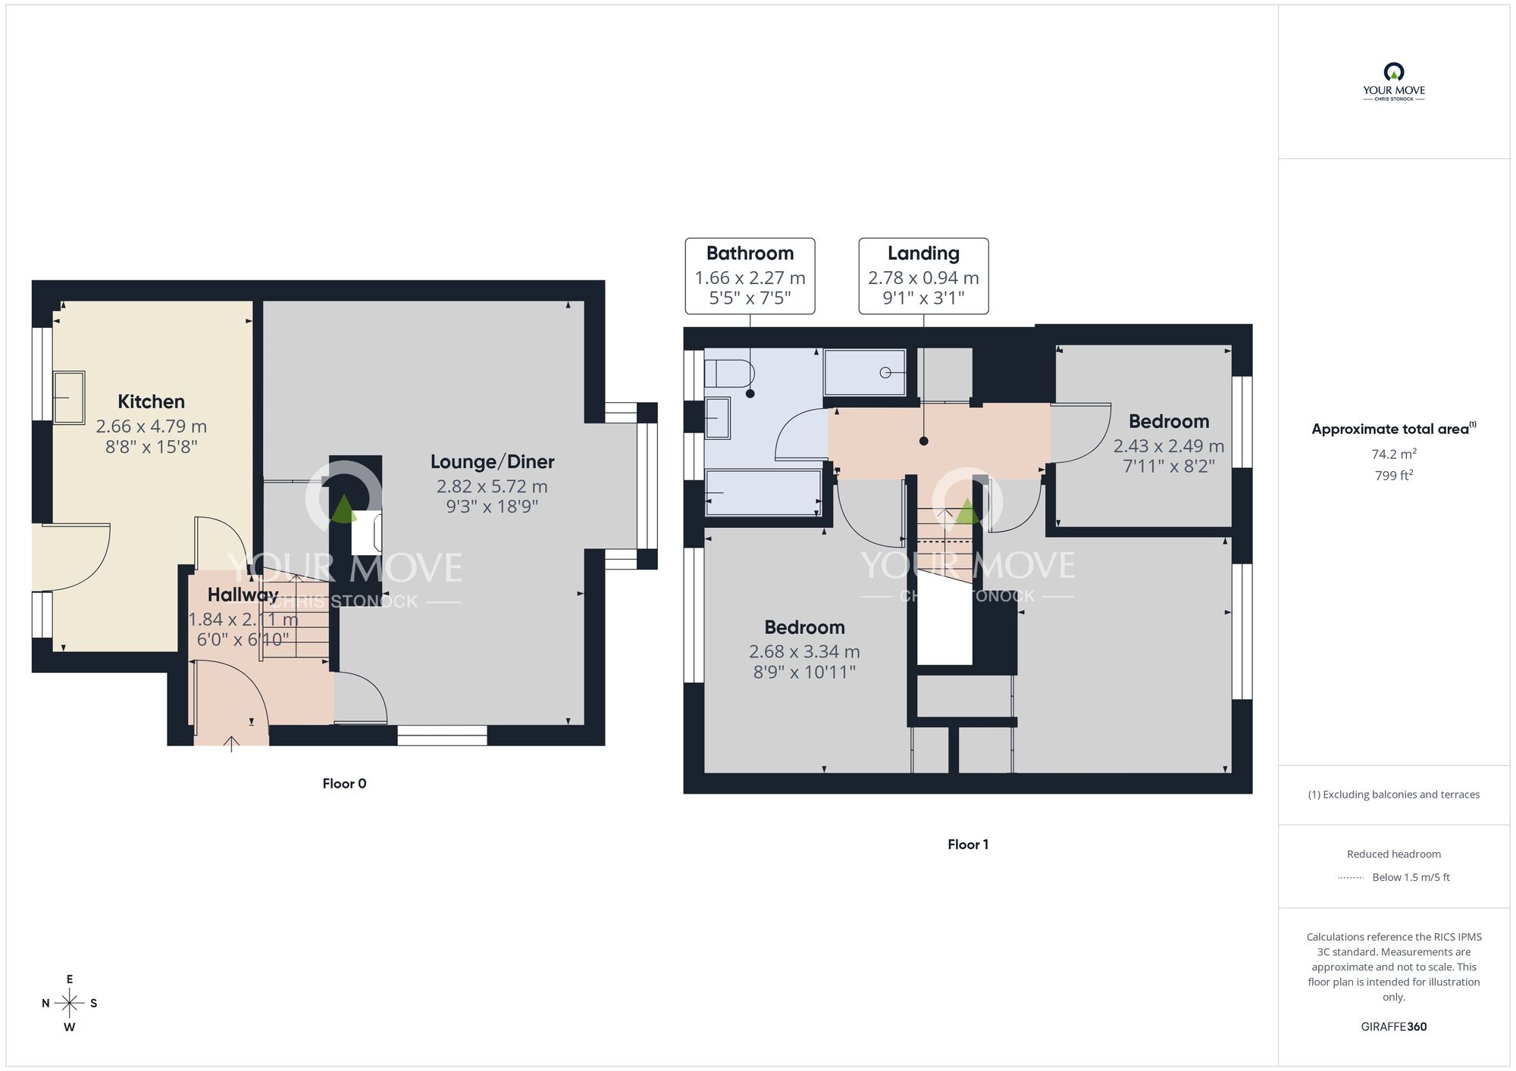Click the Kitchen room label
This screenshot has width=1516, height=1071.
click(x=151, y=401)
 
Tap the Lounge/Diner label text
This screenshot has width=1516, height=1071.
click(x=492, y=461)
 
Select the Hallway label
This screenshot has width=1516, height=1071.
click(x=243, y=595)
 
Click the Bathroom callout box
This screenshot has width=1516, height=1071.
click(x=750, y=276)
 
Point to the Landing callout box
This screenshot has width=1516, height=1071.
click(x=923, y=276)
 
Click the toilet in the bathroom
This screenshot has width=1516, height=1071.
click(x=729, y=373)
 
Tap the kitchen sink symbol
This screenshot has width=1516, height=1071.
click(x=69, y=397)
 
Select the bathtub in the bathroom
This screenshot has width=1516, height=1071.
click(x=763, y=493)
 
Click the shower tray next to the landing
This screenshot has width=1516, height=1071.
click(x=865, y=372)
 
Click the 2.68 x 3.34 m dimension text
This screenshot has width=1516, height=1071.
click(x=804, y=651)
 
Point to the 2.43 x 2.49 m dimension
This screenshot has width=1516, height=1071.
click(x=1168, y=446)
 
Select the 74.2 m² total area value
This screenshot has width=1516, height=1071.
click(x=1393, y=454)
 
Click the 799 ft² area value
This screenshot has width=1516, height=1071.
click(x=1393, y=476)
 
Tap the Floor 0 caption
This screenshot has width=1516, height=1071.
click(x=344, y=783)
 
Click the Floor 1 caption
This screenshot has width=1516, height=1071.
click(x=967, y=844)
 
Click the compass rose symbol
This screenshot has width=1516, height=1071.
click(x=70, y=1004)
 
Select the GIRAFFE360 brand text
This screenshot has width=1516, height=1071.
click(x=1393, y=1026)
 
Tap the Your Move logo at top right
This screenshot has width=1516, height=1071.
click(x=1393, y=82)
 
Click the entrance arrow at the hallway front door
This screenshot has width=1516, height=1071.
click(x=231, y=743)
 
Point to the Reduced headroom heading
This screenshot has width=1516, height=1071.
click(x=1393, y=854)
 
